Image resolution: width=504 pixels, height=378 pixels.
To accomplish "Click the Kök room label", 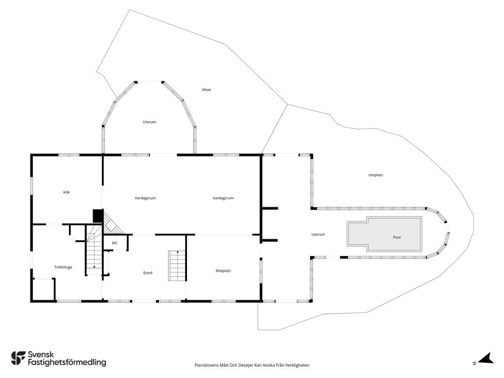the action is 66,192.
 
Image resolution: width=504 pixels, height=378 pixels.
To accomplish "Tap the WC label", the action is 115,243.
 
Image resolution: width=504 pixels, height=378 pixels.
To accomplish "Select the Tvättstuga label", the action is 63,267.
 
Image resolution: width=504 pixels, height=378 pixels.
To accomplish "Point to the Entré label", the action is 148,273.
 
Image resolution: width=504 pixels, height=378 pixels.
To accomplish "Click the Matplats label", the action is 223,271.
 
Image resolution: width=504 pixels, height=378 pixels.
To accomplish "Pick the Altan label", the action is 206,90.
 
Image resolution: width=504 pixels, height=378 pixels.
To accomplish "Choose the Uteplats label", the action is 376,175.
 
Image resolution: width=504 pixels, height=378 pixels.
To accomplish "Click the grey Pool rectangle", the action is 384,234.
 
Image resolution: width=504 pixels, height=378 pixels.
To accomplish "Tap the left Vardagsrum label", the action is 145,198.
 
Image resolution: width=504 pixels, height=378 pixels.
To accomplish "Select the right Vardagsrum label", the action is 223,198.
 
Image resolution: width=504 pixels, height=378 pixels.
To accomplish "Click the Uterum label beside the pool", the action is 318,235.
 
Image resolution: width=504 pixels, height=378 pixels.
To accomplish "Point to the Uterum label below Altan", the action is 149,122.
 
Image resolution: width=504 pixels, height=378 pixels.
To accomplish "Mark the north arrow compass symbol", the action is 485,359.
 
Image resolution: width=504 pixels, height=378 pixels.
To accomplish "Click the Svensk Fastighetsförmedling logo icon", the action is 18,358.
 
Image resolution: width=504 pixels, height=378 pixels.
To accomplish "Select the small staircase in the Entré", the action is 177,266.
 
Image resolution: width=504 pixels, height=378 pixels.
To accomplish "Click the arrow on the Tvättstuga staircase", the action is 94,266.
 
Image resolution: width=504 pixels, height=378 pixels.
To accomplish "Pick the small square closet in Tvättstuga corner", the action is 43,289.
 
